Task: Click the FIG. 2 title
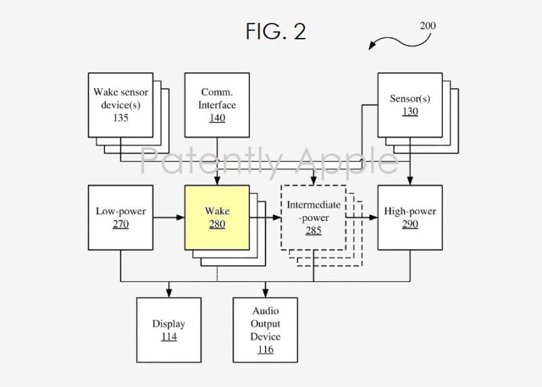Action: [276, 31]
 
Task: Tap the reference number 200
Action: [428, 26]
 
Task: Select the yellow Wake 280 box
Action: [217, 218]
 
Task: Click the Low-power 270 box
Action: [121, 218]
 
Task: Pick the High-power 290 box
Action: [410, 218]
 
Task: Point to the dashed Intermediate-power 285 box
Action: [313, 218]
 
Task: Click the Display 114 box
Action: [169, 330]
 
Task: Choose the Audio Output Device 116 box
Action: [266, 330]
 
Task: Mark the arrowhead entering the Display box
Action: [169, 293]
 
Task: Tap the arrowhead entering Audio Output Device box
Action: [266, 293]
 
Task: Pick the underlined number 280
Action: [217, 224]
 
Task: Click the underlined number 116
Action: [266, 350]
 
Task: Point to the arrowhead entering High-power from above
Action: [410, 181]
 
